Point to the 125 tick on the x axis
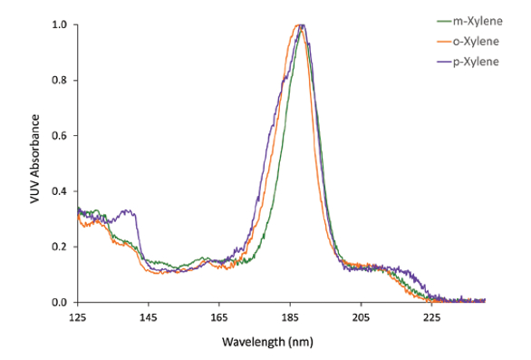(x=78, y=317)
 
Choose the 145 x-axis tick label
(x=149, y=317)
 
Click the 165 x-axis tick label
(x=219, y=317)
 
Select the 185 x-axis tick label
(x=290, y=317)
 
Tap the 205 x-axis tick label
(x=361, y=317)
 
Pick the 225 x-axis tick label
(x=431, y=317)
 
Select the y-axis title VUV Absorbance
(x=35, y=163)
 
